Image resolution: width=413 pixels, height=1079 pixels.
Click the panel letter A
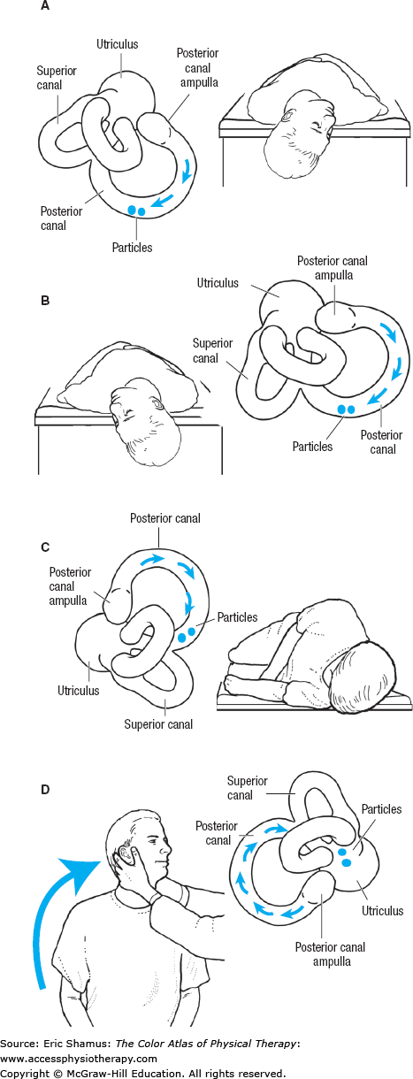pyautogui.click(x=45, y=8)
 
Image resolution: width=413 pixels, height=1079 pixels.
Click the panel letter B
pyautogui.click(x=45, y=300)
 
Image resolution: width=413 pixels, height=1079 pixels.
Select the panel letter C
pyautogui.click(x=45, y=546)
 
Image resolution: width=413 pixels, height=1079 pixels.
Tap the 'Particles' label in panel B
pyautogui.click(x=312, y=447)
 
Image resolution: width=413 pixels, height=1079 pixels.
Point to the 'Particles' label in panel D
pyautogui.click(x=381, y=809)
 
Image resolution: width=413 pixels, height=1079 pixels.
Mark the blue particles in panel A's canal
pyautogui.click(x=136, y=210)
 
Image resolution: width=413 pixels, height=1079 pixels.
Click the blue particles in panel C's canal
pyautogui.click(x=187, y=635)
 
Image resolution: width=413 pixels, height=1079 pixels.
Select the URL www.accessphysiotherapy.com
pyautogui.click(x=80, y=1059)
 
